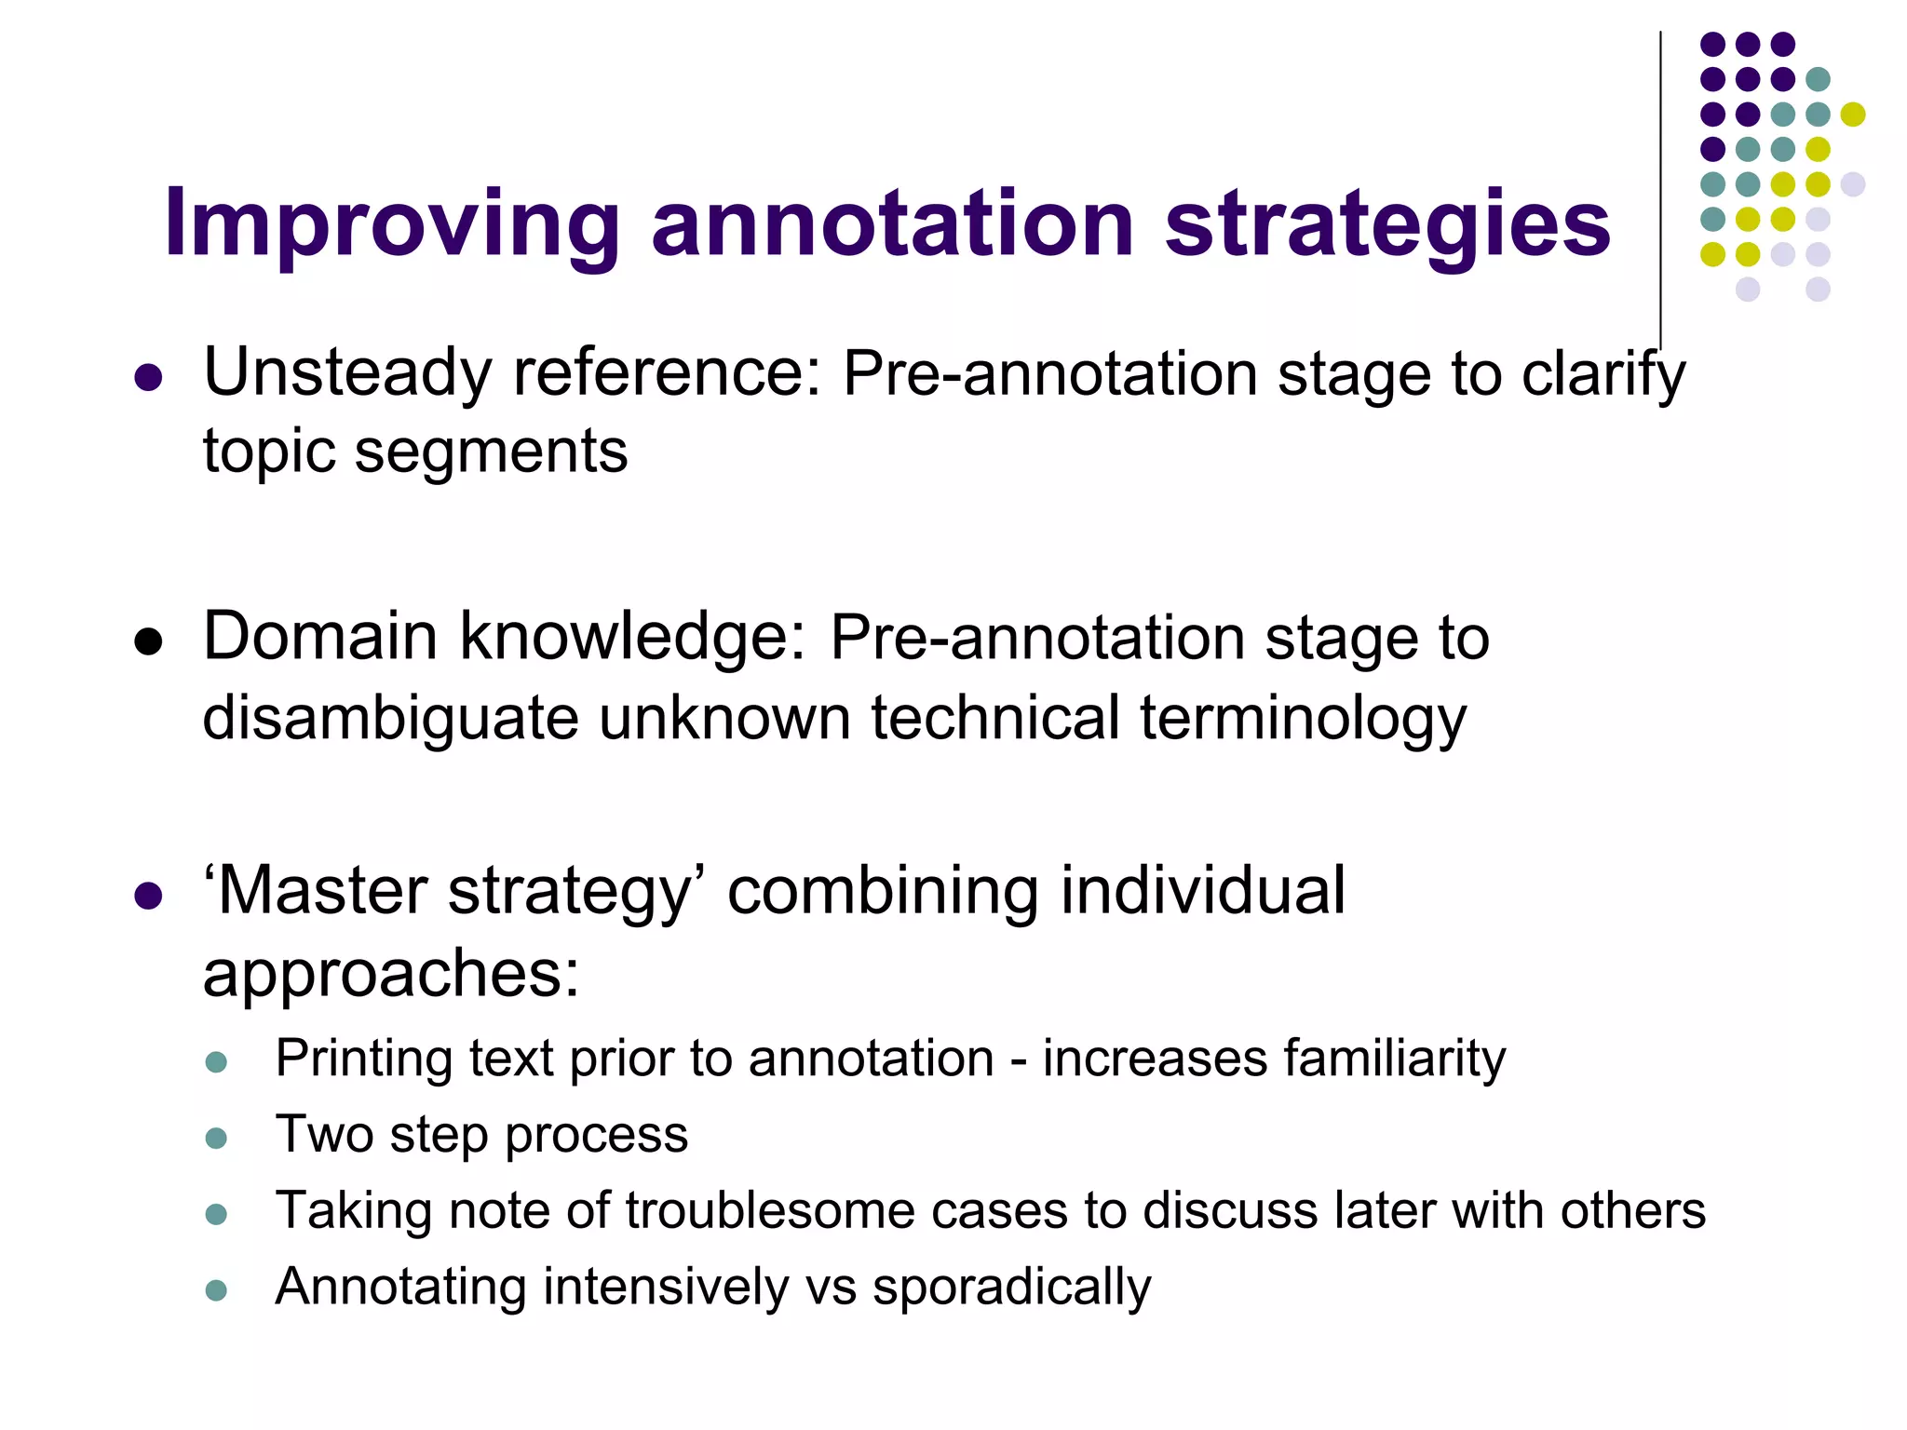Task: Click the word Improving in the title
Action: [x=392, y=223]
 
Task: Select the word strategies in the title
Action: [x=1387, y=223]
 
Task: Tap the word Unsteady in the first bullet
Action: [x=346, y=373]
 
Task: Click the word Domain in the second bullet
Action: [x=320, y=638]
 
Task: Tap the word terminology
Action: [x=1303, y=719]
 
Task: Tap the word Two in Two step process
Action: [x=323, y=1135]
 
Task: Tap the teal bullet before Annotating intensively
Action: [x=216, y=1290]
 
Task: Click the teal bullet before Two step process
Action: [x=216, y=1138]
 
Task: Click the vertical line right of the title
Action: [x=1660, y=186]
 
